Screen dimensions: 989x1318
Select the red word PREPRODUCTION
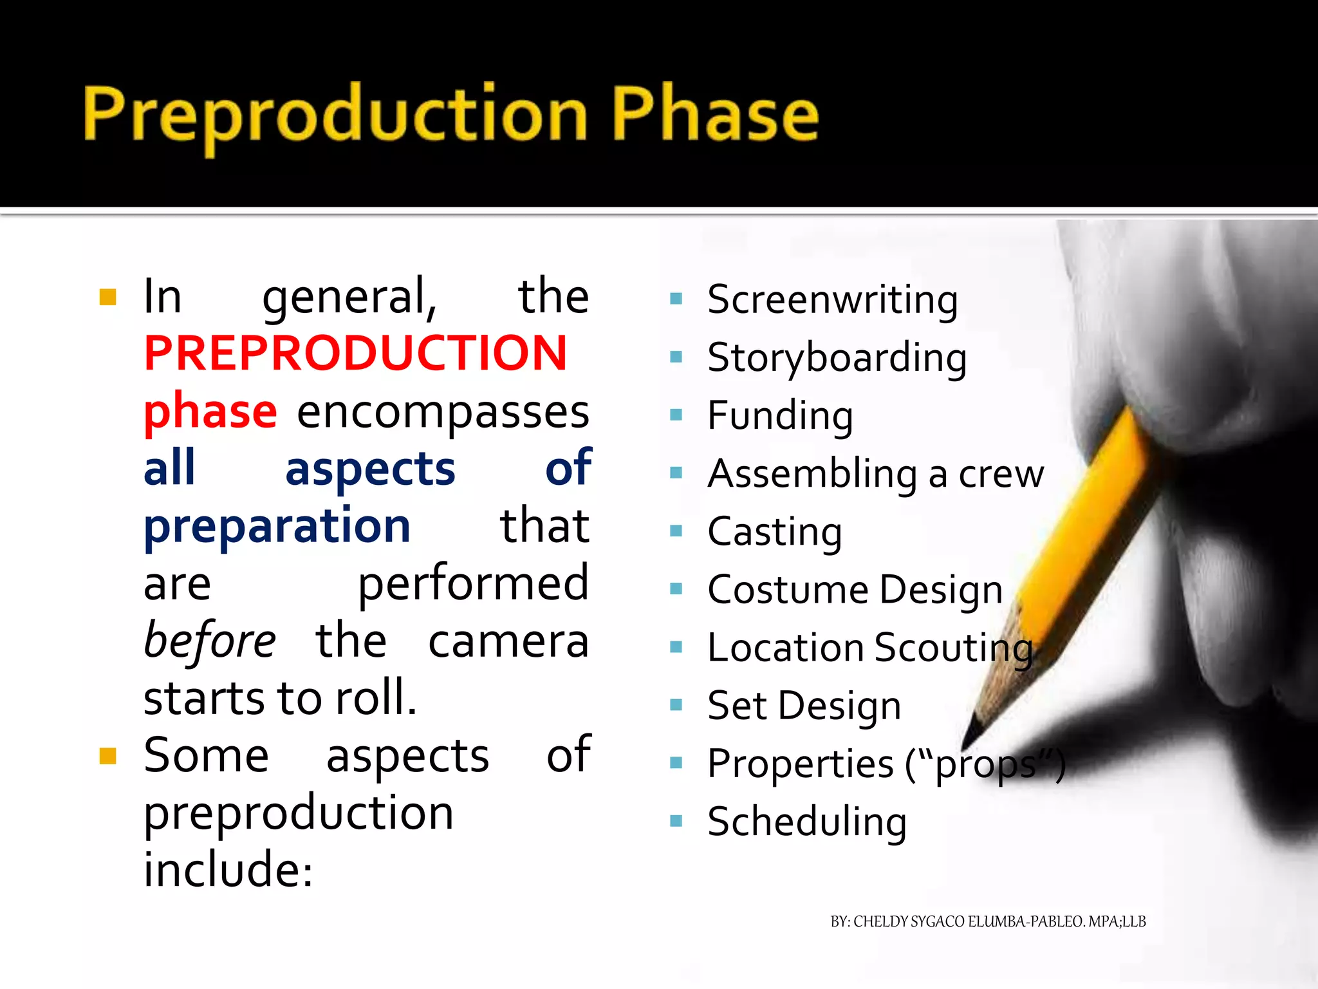pos(355,353)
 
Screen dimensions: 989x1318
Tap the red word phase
pos(210,412)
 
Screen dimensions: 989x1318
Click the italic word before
pos(210,641)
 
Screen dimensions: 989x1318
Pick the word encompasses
pos(443,412)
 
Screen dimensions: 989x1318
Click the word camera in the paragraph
pos(508,641)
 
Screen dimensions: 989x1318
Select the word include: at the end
pos(228,870)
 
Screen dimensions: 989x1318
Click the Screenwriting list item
pos(832,300)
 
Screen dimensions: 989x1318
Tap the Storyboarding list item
pos(837,358)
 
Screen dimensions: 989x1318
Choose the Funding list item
pos(780,416)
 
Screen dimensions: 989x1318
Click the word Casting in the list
pos(774,532)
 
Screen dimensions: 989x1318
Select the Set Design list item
pos(804,706)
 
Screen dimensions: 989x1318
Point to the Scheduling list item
pos(807,822)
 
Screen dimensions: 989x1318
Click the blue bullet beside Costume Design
pos(676,589)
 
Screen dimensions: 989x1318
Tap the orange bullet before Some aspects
pos(107,755)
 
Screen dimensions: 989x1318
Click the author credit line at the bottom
pos(988,922)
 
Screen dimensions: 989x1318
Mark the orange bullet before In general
pos(107,297)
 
